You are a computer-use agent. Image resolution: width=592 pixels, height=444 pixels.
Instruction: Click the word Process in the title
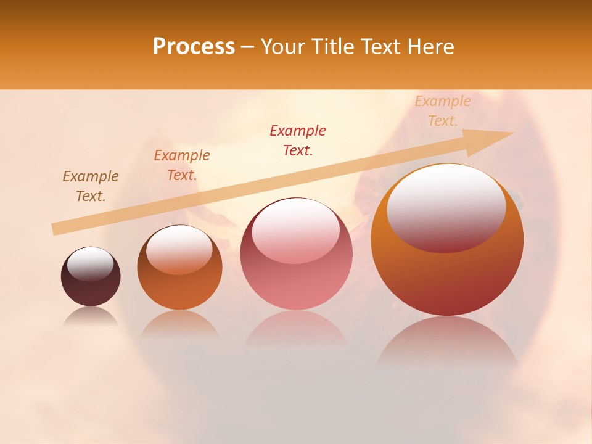coord(194,47)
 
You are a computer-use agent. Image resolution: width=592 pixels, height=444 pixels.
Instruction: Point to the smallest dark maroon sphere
coord(91,277)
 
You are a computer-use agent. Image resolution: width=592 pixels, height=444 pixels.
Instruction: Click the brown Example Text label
coord(91,186)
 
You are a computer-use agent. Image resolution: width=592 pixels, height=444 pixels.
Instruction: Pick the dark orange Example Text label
coord(182,165)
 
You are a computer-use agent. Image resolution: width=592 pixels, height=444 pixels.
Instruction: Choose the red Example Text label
coord(298,141)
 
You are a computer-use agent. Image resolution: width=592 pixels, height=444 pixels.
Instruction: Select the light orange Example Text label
coord(443,111)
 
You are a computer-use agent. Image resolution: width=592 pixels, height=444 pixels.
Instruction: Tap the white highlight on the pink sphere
coord(295,231)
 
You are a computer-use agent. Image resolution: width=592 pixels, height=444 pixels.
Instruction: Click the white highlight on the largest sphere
coord(446,207)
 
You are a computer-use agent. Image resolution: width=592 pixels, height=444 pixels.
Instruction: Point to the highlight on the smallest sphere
coord(90,264)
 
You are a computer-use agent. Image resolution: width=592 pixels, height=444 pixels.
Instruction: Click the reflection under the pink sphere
coord(296,330)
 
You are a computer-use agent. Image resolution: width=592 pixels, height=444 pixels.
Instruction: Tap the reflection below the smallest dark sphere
coord(91,316)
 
